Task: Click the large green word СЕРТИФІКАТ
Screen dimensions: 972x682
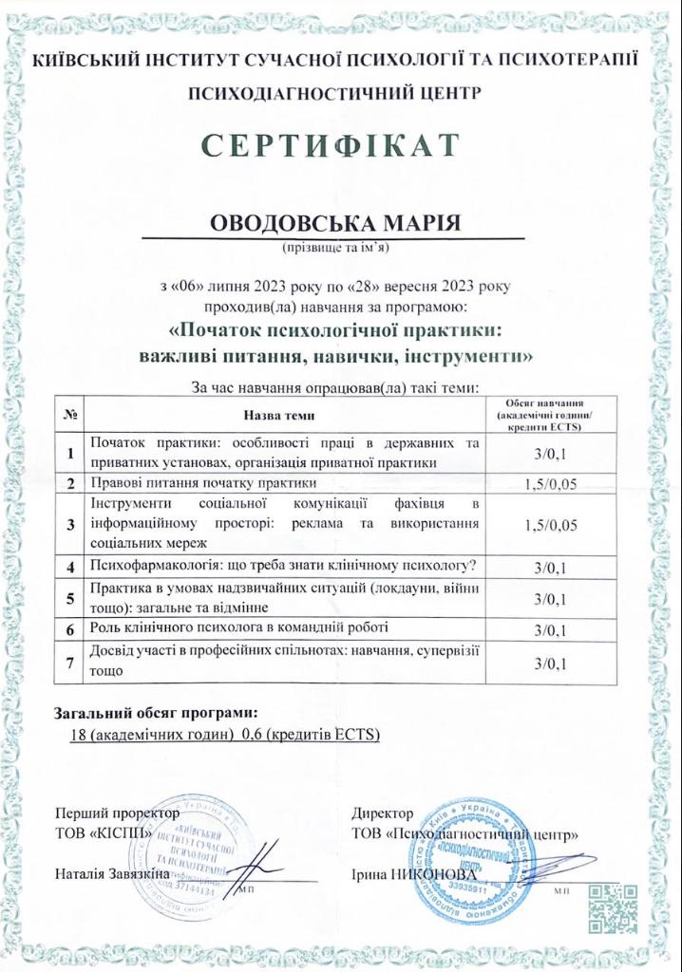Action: pyautogui.click(x=341, y=144)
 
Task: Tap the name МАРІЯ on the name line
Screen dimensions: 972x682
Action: pyautogui.click(x=412, y=223)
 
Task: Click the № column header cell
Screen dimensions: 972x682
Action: pyautogui.click(x=71, y=415)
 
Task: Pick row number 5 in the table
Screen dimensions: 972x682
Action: pyautogui.click(x=71, y=598)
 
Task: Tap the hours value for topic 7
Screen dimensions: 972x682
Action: pyautogui.click(x=550, y=662)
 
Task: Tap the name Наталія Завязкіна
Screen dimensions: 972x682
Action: pyautogui.click(x=112, y=871)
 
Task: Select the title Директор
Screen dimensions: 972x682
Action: pyautogui.click(x=382, y=813)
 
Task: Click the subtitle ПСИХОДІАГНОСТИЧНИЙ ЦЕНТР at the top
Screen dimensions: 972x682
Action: pyautogui.click(x=341, y=92)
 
